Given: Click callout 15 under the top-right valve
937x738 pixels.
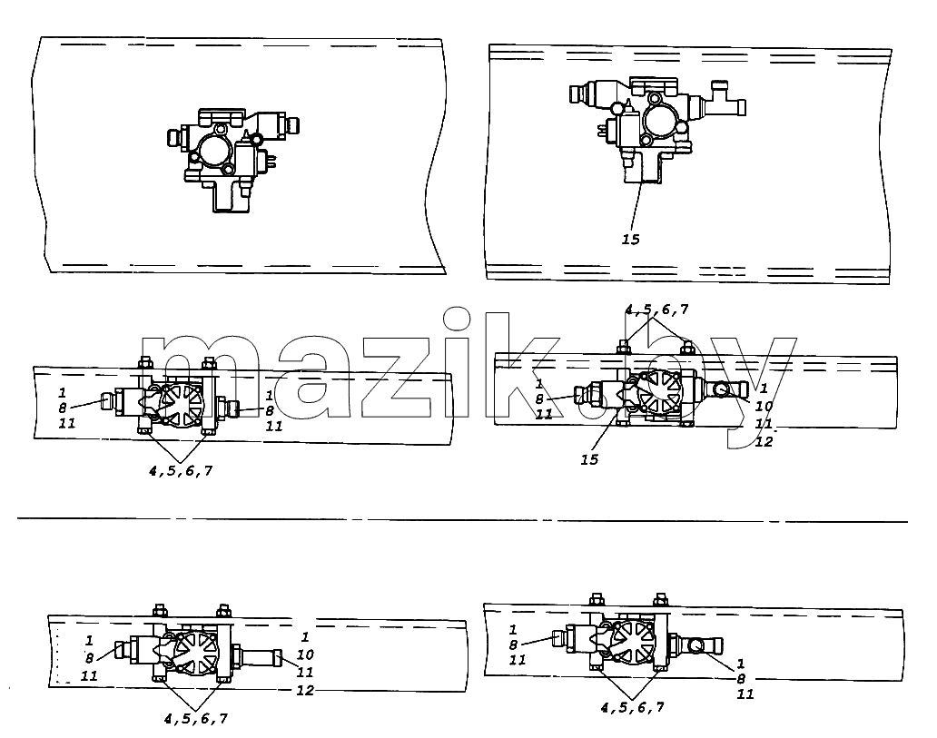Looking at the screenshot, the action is pos(630,240).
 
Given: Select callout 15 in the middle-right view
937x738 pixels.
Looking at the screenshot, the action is pos(589,459).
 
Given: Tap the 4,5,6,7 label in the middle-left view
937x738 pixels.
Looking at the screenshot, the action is pos(181,471).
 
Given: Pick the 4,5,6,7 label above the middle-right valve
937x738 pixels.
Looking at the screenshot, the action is pos(656,310).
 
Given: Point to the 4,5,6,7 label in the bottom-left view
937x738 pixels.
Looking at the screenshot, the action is pos(196,719).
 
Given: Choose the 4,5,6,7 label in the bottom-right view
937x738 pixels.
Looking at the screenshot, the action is pos(632,707).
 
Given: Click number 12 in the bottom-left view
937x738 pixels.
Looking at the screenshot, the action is pos(305,690).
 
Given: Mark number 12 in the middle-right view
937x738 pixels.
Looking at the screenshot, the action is pos(764,441).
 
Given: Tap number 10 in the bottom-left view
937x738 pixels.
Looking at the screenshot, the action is pos(305,654).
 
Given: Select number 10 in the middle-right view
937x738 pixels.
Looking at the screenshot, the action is pos(764,407).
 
